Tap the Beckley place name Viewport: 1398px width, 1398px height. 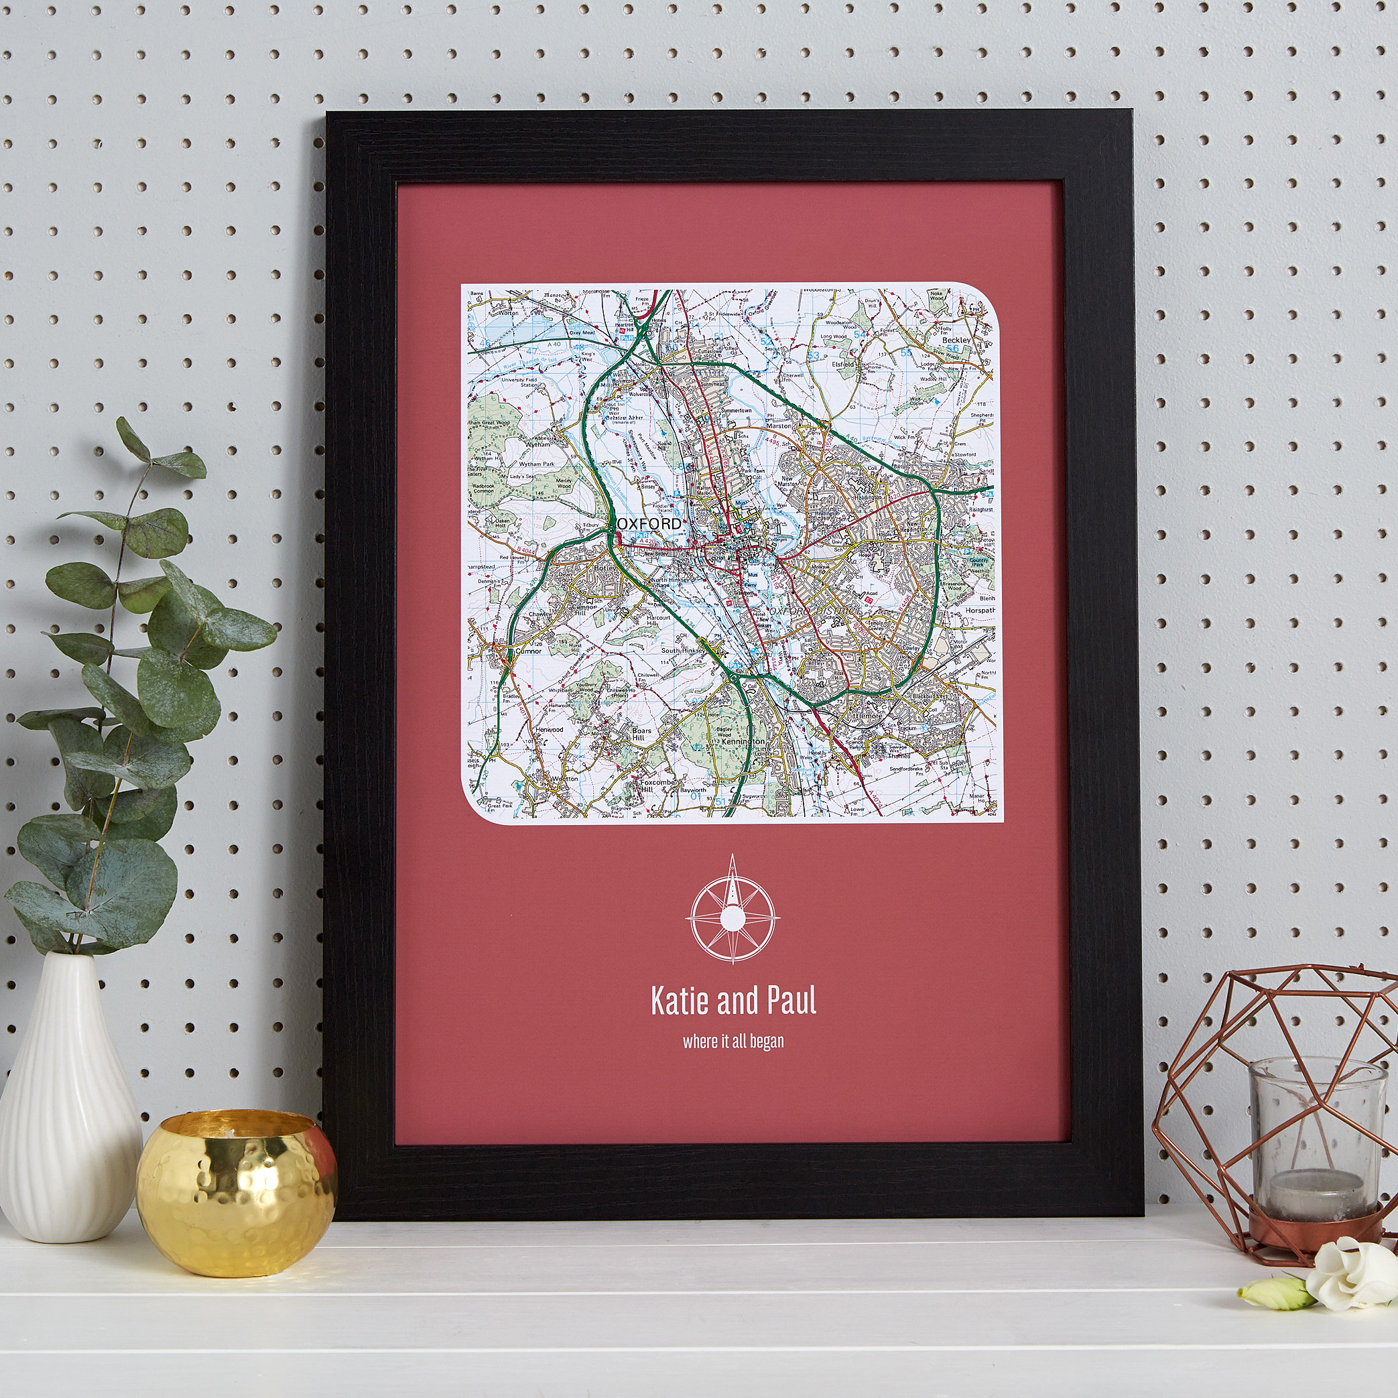[x=956, y=340]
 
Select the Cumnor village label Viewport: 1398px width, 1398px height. [x=527, y=651]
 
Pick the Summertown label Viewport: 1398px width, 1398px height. [x=737, y=410]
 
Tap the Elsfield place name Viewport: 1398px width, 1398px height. [x=844, y=365]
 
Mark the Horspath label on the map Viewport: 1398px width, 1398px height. [x=980, y=611]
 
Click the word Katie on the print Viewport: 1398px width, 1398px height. [x=680, y=1001]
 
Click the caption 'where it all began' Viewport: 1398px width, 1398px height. [x=733, y=1041]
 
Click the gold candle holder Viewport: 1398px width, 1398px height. [x=237, y=1192]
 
